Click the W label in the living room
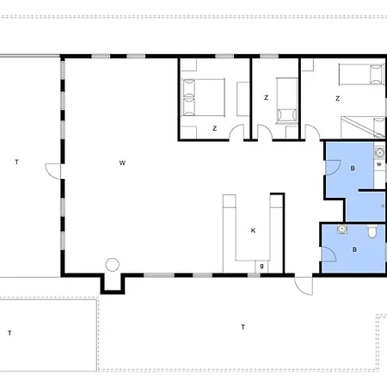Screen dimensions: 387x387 click(122, 163)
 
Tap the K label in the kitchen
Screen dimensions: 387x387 click(253, 230)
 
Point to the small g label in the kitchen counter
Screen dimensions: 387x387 click(261, 266)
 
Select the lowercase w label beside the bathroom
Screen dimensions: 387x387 click(379, 164)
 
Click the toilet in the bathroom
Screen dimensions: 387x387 click(372, 231)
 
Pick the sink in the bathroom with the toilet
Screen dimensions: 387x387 click(342, 229)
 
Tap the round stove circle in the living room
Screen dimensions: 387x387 click(113, 265)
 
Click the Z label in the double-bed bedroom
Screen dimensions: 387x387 click(214, 128)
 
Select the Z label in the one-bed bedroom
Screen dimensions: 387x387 click(266, 98)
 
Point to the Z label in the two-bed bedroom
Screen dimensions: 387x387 click(337, 99)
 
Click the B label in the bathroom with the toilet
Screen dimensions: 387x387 click(354, 249)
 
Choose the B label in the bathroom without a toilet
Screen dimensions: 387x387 click(353, 169)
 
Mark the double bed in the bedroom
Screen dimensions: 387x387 click(203, 97)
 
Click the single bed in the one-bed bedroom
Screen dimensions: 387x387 click(287, 101)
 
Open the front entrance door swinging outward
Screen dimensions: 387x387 click(304, 286)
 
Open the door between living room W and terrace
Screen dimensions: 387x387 click(53, 171)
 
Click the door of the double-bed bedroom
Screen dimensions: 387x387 click(236, 132)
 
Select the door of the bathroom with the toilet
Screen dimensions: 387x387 click(329, 254)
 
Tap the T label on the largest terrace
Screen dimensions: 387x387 click(243, 327)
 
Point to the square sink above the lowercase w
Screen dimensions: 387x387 click(379, 153)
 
